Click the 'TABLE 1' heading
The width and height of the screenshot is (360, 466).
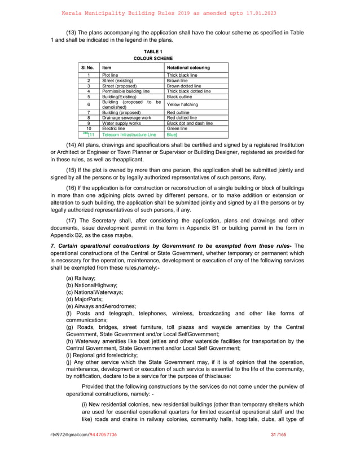(x=153, y=52)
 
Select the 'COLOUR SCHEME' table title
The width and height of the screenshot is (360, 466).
(x=153, y=58)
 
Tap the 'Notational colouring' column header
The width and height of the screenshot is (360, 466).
(x=188, y=68)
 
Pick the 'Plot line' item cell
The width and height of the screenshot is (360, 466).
(x=110, y=75)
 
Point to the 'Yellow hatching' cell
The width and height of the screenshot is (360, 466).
(x=182, y=104)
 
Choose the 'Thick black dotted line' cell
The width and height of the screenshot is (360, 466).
(x=189, y=91)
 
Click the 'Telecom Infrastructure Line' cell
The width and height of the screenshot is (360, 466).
(x=129, y=135)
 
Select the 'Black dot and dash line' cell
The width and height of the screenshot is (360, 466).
(x=190, y=123)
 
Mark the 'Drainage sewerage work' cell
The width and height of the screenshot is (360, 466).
(x=126, y=117)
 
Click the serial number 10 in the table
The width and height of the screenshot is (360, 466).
(x=89, y=129)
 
